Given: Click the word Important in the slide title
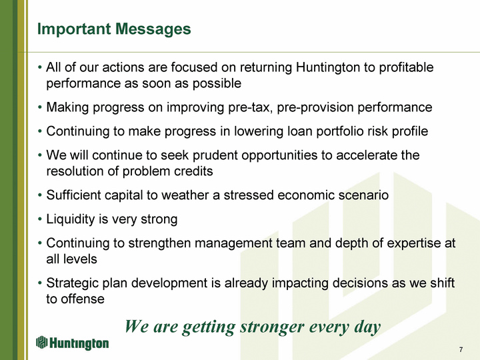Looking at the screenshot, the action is [74, 30].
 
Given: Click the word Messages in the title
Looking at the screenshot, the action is [153, 29].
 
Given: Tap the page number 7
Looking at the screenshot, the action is [461, 349].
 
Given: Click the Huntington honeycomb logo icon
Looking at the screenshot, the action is [41, 342].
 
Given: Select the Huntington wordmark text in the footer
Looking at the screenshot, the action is [79, 343].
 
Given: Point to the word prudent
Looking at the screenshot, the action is [215, 155].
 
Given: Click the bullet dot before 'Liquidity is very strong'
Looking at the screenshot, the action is [40, 219].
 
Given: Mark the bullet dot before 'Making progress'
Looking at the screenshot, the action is [40, 108].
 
